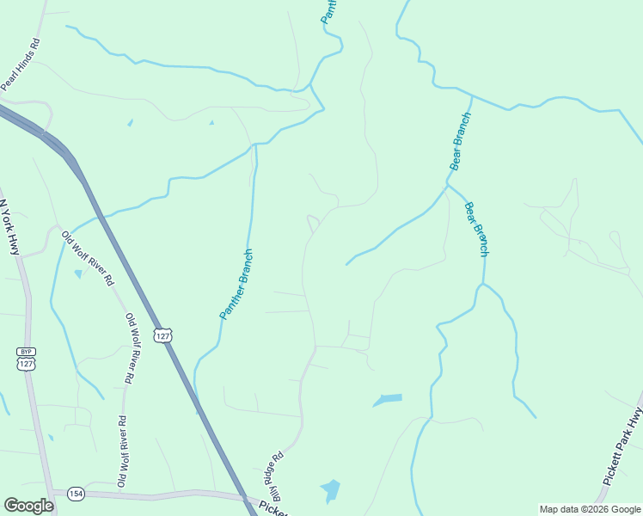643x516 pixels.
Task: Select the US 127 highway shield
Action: tap(162, 334)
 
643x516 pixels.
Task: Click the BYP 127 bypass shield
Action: tap(26, 359)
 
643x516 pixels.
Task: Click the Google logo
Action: tap(29, 506)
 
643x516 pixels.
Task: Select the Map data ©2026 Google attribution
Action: tap(591, 510)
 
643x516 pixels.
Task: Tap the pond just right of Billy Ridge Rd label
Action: tap(329, 491)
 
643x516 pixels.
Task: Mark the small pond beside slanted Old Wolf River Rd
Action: tap(78, 274)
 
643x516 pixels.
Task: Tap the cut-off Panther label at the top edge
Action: tap(328, 11)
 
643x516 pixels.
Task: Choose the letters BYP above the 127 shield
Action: tap(26, 351)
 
